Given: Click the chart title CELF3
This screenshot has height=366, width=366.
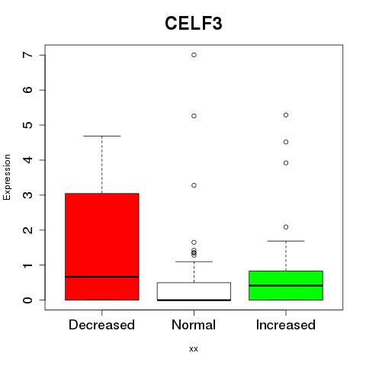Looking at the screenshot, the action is [194, 24].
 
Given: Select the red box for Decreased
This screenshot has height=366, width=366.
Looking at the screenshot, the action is [102, 246].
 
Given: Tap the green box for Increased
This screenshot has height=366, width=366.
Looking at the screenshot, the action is [286, 285].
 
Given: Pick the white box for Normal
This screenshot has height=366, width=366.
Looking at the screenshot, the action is [194, 291].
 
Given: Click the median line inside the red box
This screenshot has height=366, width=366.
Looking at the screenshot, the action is [102, 277].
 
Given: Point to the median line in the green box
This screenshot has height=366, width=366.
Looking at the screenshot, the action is [286, 285].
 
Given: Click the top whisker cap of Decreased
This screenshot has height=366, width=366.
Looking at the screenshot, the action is [102, 136].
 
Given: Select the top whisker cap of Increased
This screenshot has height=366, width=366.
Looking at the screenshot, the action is [286, 241].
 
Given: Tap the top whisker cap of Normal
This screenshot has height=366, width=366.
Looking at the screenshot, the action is [194, 262].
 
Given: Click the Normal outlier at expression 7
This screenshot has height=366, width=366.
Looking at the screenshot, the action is [194, 55].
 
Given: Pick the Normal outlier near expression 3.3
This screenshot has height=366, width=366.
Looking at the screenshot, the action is [194, 185].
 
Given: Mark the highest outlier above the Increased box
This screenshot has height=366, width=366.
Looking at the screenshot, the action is [286, 115].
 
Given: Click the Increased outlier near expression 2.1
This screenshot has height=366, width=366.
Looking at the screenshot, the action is [286, 227].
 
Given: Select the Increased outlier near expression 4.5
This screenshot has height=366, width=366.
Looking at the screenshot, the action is [286, 142].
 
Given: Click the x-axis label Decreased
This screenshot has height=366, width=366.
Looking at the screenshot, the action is [101, 325].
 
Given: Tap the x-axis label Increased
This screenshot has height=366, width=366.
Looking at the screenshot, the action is [286, 325].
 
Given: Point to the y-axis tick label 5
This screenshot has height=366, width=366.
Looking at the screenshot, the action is [28, 125].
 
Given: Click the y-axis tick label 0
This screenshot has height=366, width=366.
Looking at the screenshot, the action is [28, 300].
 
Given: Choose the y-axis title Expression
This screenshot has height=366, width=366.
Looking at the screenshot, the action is [7, 177].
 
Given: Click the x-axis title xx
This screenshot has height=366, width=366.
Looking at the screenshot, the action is [194, 349].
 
